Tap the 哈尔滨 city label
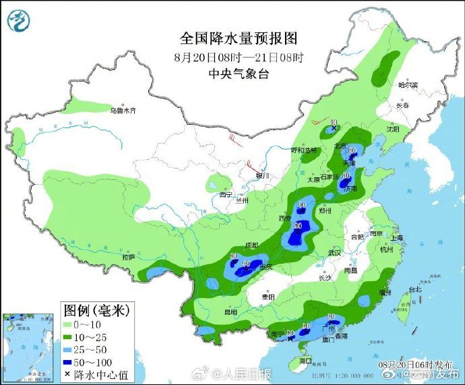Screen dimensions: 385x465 [408, 86]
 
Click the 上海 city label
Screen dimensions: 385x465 [396, 238]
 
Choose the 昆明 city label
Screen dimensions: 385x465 [230, 313]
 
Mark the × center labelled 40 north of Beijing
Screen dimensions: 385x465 [334, 127]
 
